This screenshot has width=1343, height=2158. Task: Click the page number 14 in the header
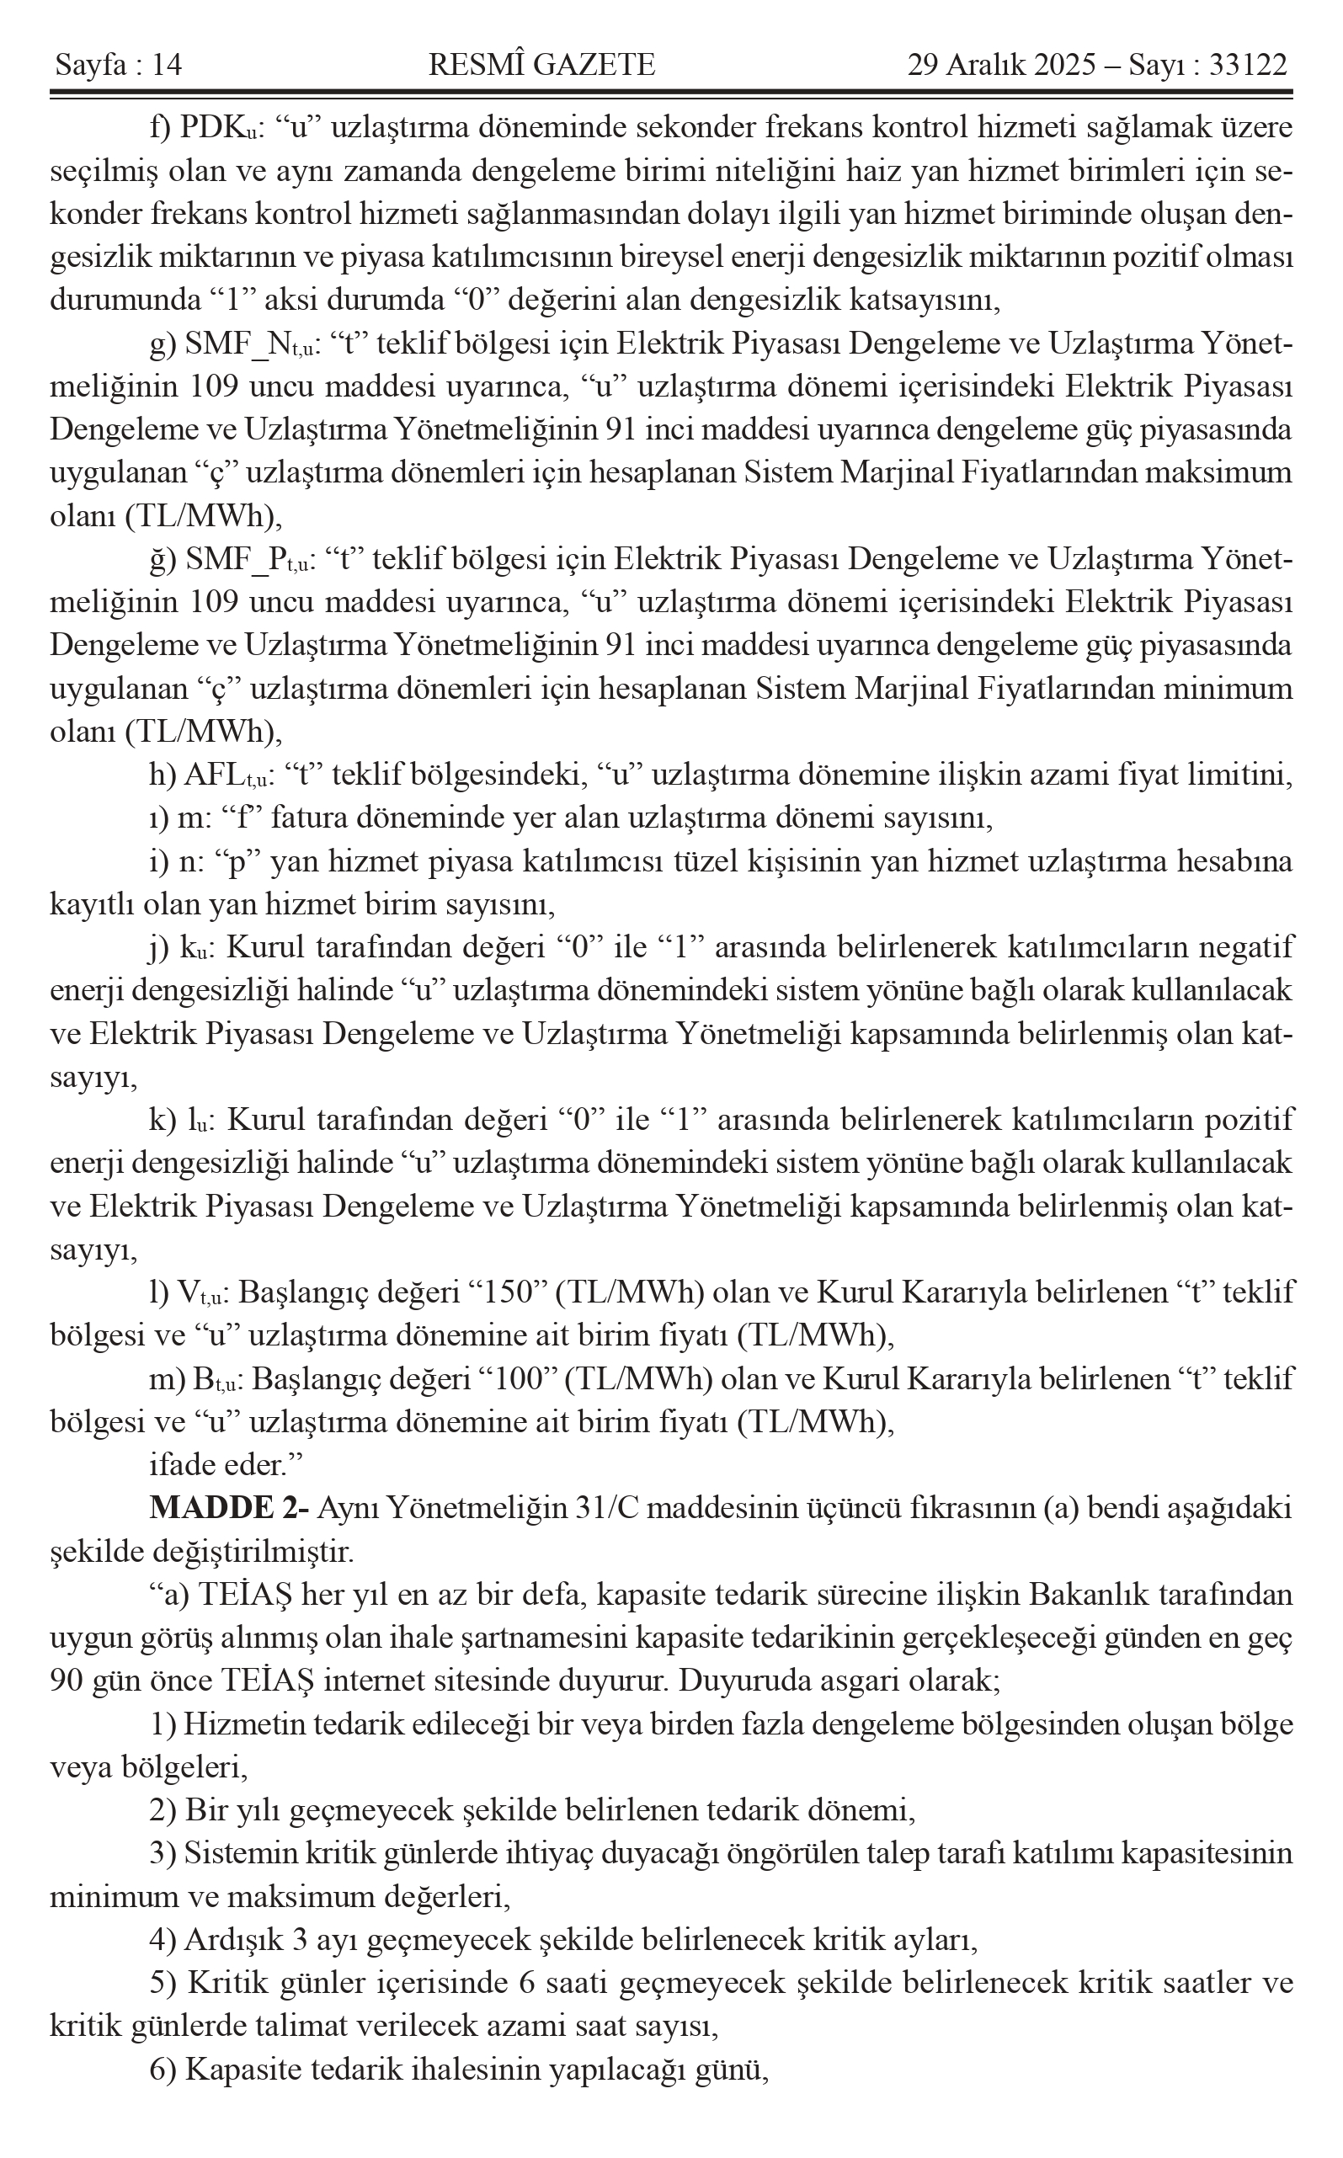point(166,65)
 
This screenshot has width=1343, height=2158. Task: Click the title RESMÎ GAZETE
point(541,65)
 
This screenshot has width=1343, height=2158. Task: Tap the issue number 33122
point(1248,65)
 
